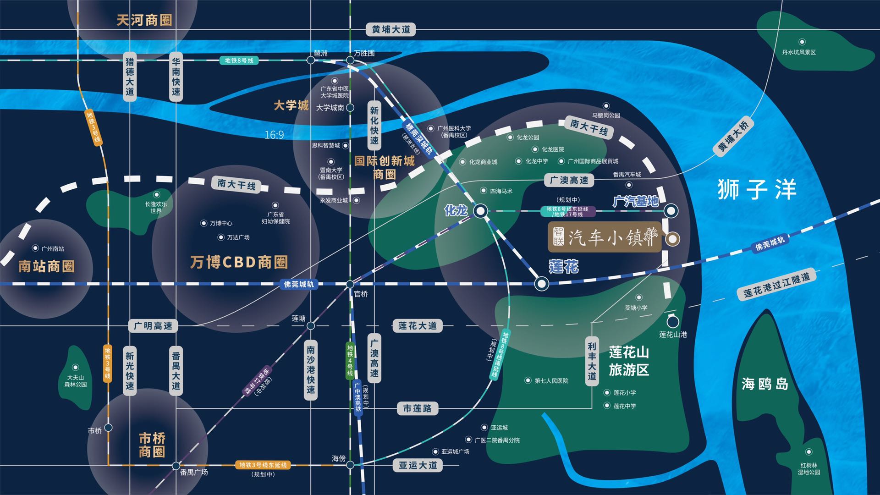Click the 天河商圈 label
[x=144, y=20]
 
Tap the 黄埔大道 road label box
[x=391, y=29]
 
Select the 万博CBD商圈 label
[x=239, y=262]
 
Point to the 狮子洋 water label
[x=757, y=189]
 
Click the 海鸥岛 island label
[x=765, y=384]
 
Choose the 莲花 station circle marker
[x=541, y=284]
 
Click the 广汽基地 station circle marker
[x=671, y=211]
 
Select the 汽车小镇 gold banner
[x=605, y=237]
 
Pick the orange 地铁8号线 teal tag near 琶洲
[x=239, y=60]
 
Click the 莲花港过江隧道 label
[x=776, y=284]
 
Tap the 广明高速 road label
[x=153, y=326]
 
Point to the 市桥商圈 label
[x=152, y=445]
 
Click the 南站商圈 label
[x=46, y=266]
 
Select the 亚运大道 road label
[x=418, y=465]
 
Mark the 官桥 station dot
[x=350, y=284]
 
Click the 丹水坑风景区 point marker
[x=802, y=42]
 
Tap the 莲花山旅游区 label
[x=629, y=361]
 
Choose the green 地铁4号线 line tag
[x=350, y=360]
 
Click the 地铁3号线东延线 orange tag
[x=263, y=465]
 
